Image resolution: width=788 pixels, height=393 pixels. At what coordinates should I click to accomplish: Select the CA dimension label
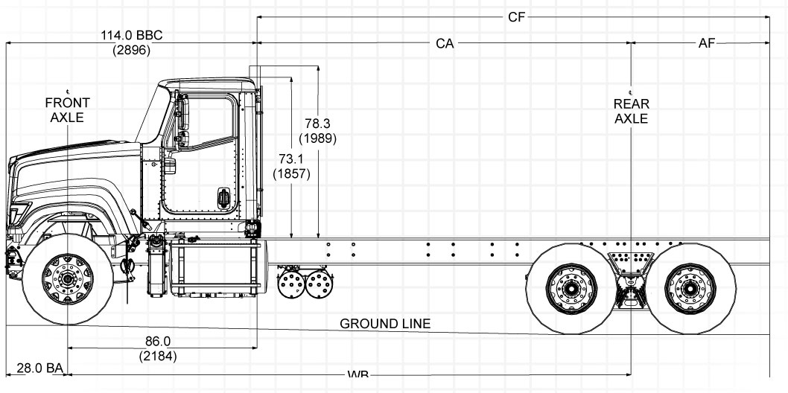[445, 44]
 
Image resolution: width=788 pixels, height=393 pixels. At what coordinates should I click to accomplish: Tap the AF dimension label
[706, 44]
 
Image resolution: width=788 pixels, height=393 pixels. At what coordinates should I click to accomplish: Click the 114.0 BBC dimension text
[131, 36]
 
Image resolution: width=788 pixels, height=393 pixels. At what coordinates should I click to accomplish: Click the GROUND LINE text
[385, 325]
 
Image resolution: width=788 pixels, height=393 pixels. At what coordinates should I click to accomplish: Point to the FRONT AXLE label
[67, 109]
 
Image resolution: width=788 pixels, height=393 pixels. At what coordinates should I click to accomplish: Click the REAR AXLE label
[631, 111]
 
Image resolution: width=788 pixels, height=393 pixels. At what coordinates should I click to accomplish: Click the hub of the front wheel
[68, 280]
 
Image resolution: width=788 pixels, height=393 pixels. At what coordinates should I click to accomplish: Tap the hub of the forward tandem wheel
[571, 287]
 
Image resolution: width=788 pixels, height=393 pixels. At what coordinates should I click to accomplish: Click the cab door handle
[223, 197]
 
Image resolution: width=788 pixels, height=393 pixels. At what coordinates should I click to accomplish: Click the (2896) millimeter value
[131, 51]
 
